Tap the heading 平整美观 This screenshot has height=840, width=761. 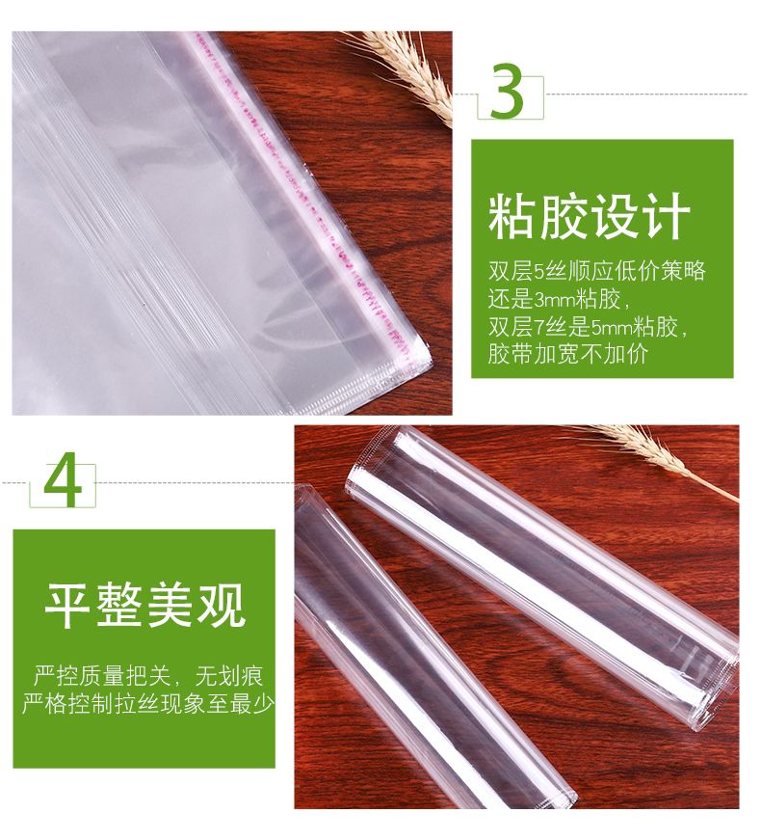[145, 605]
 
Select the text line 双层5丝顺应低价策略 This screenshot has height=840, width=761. [596, 271]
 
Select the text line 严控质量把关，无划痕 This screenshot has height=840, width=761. [148, 675]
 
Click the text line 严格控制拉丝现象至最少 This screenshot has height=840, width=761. [148, 703]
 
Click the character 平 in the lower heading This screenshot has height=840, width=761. [68, 605]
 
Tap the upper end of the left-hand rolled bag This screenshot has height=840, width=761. [303, 496]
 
